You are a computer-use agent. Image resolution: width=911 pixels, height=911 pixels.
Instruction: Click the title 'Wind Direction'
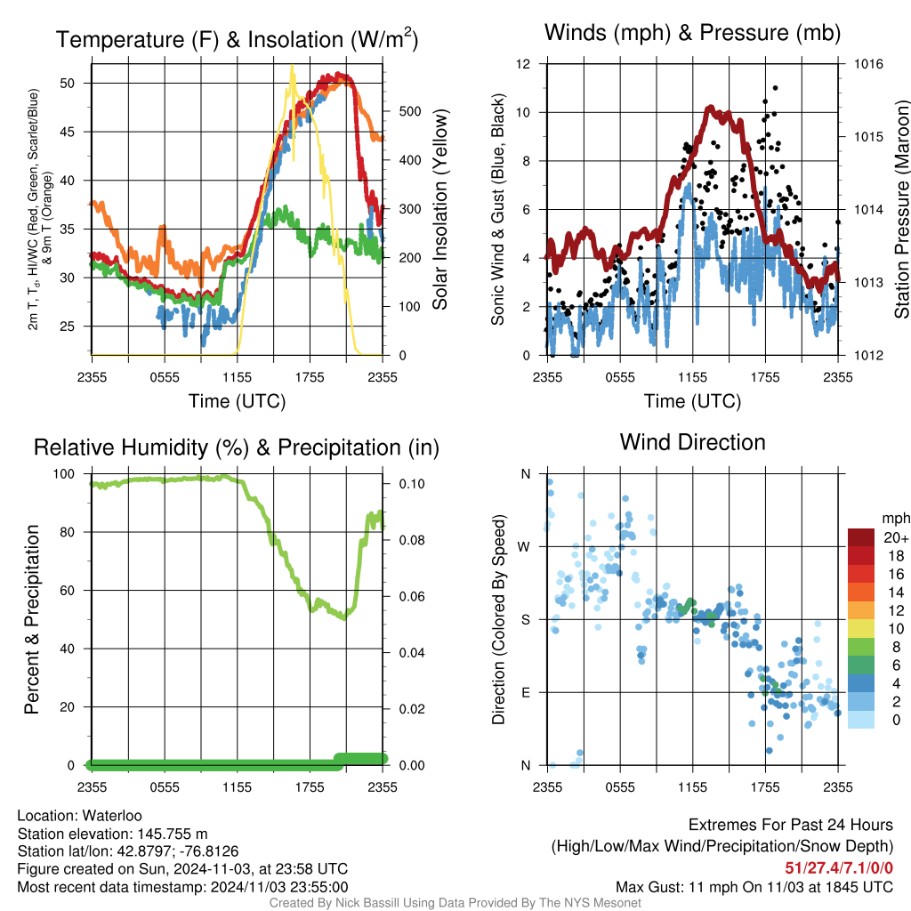tap(692, 442)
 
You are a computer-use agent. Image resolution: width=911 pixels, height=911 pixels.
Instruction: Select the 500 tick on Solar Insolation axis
tap(409, 112)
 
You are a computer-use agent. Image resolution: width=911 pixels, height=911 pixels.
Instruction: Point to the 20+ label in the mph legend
tap(894, 538)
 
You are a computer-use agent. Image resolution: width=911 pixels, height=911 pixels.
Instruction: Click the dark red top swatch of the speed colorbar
tap(862, 536)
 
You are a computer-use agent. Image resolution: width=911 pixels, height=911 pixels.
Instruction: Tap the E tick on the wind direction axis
tap(525, 692)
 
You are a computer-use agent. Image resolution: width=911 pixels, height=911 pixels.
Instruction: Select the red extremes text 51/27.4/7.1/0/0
tap(839, 868)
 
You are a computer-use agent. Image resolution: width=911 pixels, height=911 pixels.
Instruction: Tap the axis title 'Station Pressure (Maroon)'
tap(900, 209)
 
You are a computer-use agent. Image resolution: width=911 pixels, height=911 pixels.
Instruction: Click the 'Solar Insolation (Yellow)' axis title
tap(439, 209)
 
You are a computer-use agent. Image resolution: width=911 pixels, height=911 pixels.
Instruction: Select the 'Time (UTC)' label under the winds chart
tap(692, 401)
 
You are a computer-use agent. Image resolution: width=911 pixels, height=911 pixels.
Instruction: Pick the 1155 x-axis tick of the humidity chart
tap(238, 786)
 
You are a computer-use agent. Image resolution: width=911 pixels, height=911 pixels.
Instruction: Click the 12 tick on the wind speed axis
tap(525, 64)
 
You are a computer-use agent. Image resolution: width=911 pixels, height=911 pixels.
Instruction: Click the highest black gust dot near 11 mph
tap(776, 88)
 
